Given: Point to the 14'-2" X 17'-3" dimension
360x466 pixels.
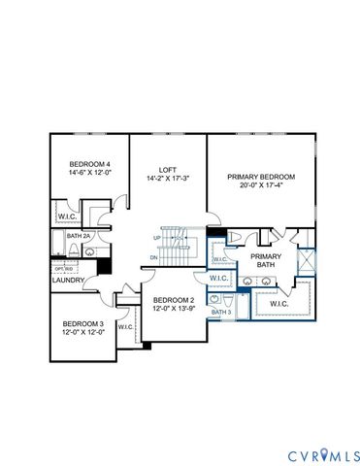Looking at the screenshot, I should (168, 178).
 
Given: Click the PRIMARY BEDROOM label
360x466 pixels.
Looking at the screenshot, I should (261, 177).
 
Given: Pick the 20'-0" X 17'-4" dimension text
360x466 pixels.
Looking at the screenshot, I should (261, 186).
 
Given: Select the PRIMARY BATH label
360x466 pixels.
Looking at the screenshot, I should (266, 261).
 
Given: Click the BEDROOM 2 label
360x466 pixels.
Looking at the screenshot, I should (174, 299).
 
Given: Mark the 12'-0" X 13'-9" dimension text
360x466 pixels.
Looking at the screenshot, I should (174, 309).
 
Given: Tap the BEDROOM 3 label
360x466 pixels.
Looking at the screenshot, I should (82, 323).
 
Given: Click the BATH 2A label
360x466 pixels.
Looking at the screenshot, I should (79, 236).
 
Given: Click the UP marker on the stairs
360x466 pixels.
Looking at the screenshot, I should (156, 237).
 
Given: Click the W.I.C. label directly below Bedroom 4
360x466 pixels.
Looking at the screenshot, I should (67, 216).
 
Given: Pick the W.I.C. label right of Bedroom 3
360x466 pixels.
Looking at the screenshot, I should (126, 327).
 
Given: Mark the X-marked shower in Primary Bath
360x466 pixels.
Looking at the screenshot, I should (307, 261).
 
